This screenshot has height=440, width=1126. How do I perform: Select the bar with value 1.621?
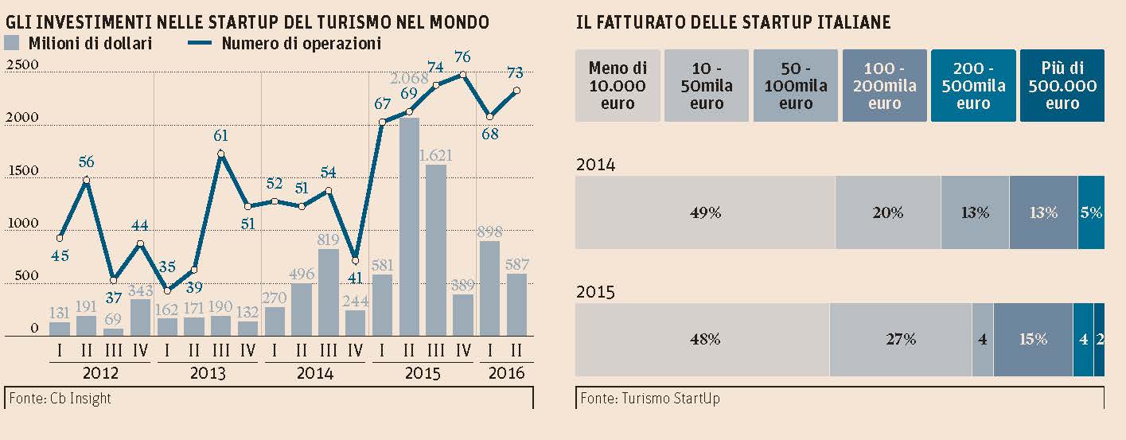pos(436,251)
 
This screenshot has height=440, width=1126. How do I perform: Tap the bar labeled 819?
pos(328,293)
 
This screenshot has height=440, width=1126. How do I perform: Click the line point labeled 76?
pos(462,75)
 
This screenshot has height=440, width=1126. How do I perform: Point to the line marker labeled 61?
pos(220,154)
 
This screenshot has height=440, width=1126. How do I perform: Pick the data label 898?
pos(489,232)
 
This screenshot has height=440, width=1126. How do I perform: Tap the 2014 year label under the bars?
pos(314,374)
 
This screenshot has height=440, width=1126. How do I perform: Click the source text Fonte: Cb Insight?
pos(60,398)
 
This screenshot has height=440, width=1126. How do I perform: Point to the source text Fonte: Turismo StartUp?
pos(649,398)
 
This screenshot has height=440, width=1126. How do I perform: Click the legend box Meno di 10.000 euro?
pos(618,86)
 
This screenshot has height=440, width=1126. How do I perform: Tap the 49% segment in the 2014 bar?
pos(705,212)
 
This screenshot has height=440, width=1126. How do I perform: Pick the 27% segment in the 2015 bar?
pos(900,339)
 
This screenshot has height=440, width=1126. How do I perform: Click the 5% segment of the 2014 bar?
pos(1091,212)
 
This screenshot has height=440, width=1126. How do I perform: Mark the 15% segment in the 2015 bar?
pos(1033,339)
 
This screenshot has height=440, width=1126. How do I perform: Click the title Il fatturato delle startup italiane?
pos(733,23)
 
